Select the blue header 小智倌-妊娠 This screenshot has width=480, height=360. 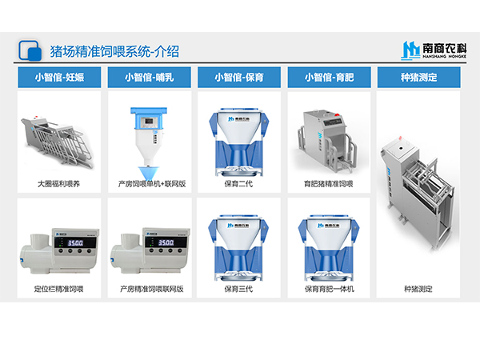pos(58,78)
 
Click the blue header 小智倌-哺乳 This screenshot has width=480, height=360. pos(149,78)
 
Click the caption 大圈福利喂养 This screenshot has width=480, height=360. pos(58,183)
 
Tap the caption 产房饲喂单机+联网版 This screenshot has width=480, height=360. pos(149,183)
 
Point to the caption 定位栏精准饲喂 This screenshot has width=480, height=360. pos(58,289)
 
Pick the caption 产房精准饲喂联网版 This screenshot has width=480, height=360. pos(149,289)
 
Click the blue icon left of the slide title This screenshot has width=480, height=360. pos(30,50)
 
